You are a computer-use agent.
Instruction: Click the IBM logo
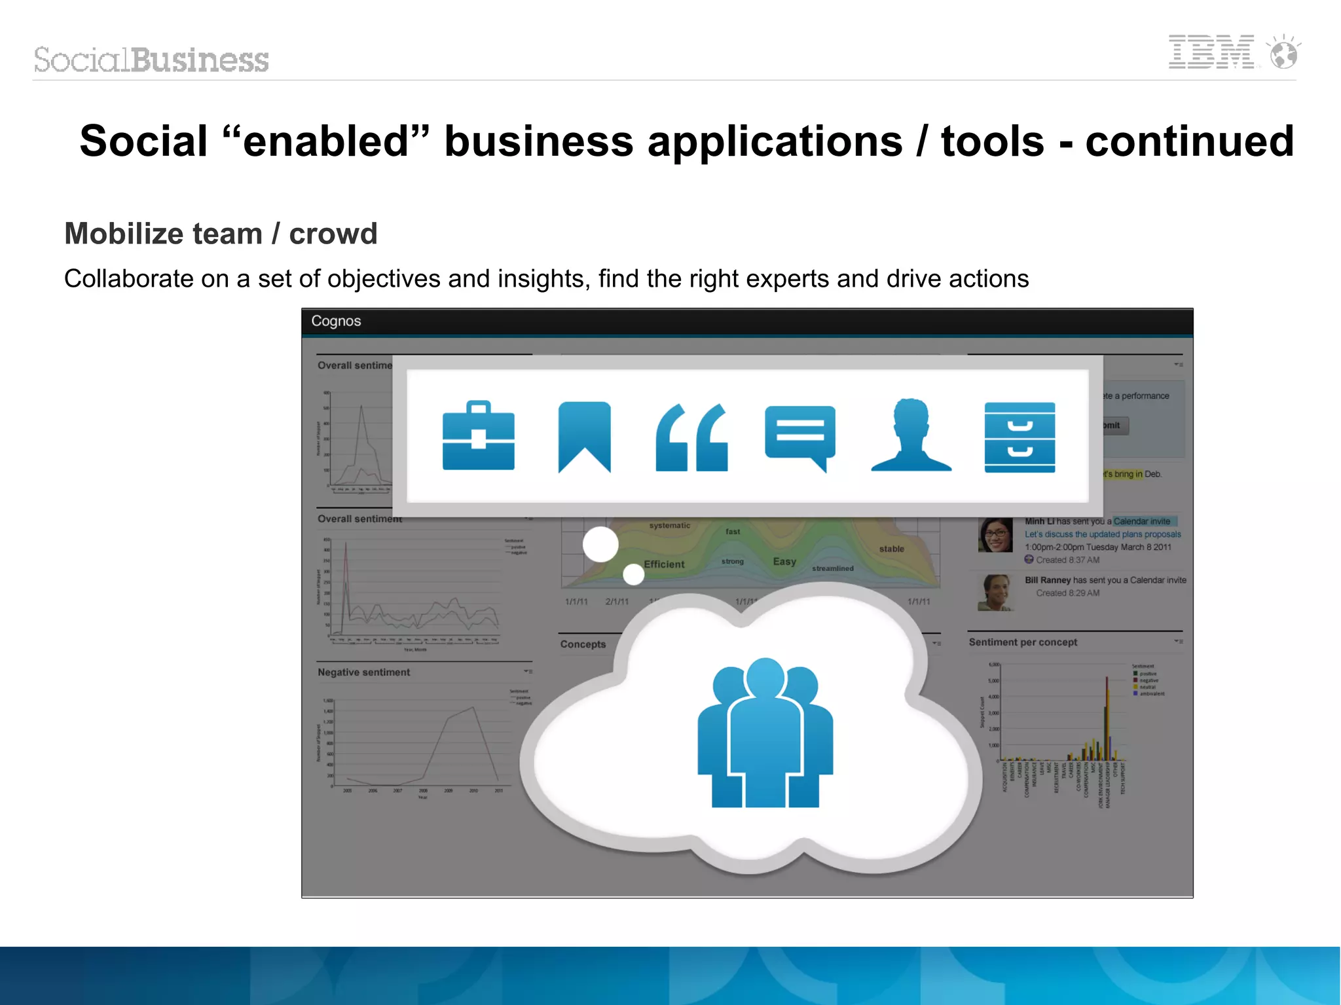coord(1211,52)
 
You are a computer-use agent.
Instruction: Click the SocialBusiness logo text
coord(151,60)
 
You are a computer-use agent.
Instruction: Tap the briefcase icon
coord(479,436)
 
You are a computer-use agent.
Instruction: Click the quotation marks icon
coord(691,437)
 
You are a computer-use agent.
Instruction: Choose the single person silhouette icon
coord(911,436)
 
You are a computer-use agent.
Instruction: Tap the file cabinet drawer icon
coord(1020,437)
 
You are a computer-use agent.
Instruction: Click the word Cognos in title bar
coord(336,321)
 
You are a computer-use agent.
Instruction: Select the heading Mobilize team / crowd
coord(221,234)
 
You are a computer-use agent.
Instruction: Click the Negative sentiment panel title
coord(363,672)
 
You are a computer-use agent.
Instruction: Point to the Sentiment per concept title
coord(1023,642)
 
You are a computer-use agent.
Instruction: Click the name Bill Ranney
coord(1047,580)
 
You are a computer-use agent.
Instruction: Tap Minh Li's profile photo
coord(995,535)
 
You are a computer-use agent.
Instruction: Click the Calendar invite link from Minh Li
coord(1141,521)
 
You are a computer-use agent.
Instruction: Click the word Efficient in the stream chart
coord(664,564)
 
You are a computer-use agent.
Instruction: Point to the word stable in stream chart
coord(891,549)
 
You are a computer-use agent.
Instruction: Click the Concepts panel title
coord(583,644)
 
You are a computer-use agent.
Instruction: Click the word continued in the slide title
coord(1189,141)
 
